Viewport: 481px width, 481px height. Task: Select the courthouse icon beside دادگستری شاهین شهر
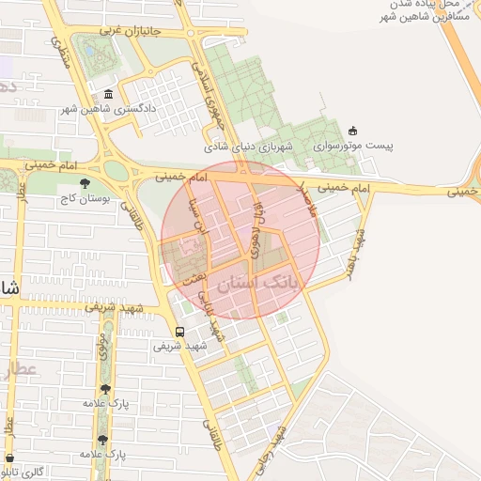point(109,95)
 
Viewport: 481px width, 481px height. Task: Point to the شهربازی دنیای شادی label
point(250,147)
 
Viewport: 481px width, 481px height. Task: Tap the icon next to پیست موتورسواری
point(352,131)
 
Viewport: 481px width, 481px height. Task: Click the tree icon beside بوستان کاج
point(85,183)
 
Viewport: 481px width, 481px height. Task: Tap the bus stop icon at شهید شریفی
point(179,331)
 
